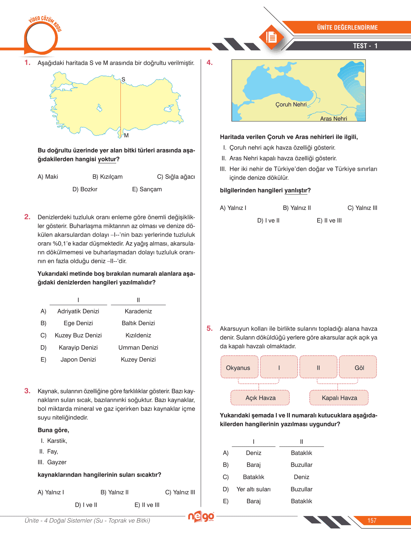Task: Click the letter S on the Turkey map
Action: tap(124, 79)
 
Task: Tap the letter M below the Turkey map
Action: tap(126, 135)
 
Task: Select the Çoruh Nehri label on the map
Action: tap(291, 105)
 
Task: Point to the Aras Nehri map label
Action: tap(333, 118)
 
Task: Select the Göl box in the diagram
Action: tap(358, 367)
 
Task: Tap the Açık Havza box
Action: tap(260, 398)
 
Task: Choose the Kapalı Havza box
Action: tap(339, 398)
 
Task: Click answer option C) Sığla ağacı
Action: tap(176, 176)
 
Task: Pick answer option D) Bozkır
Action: tap(85, 189)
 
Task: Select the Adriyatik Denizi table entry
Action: tap(78, 311)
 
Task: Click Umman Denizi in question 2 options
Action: tap(138, 348)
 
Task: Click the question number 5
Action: tap(210, 328)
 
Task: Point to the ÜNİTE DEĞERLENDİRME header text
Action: tap(347, 27)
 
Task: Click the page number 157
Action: tap(372, 520)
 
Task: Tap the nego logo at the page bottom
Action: tap(201, 516)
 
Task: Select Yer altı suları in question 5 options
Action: tap(253, 489)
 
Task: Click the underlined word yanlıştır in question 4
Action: tap(296, 190)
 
